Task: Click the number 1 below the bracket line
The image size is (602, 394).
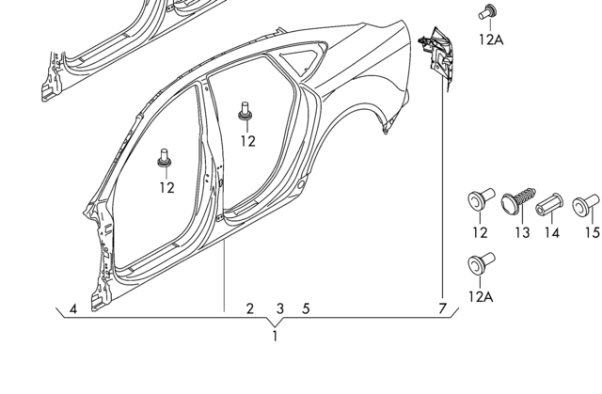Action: tap(275, 336)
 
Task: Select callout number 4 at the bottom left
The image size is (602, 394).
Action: tap(73, 309)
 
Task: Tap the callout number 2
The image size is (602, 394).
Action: tap(250, 308)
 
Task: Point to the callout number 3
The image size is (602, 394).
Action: tap(279, 308)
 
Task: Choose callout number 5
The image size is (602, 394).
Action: tap(306, 308)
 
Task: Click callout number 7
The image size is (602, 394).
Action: tap(442, 308)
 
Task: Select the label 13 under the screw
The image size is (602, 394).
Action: tap(522, 232)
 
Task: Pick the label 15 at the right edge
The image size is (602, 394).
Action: tap(592, 232)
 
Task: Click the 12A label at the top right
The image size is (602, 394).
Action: tap(491, 39)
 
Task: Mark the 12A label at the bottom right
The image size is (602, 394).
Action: tap(480, 296)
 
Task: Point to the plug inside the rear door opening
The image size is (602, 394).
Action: tap(246, 109)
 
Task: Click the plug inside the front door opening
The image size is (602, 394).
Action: tap(166, 158)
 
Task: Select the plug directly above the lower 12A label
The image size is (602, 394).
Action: tap(479, 264)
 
